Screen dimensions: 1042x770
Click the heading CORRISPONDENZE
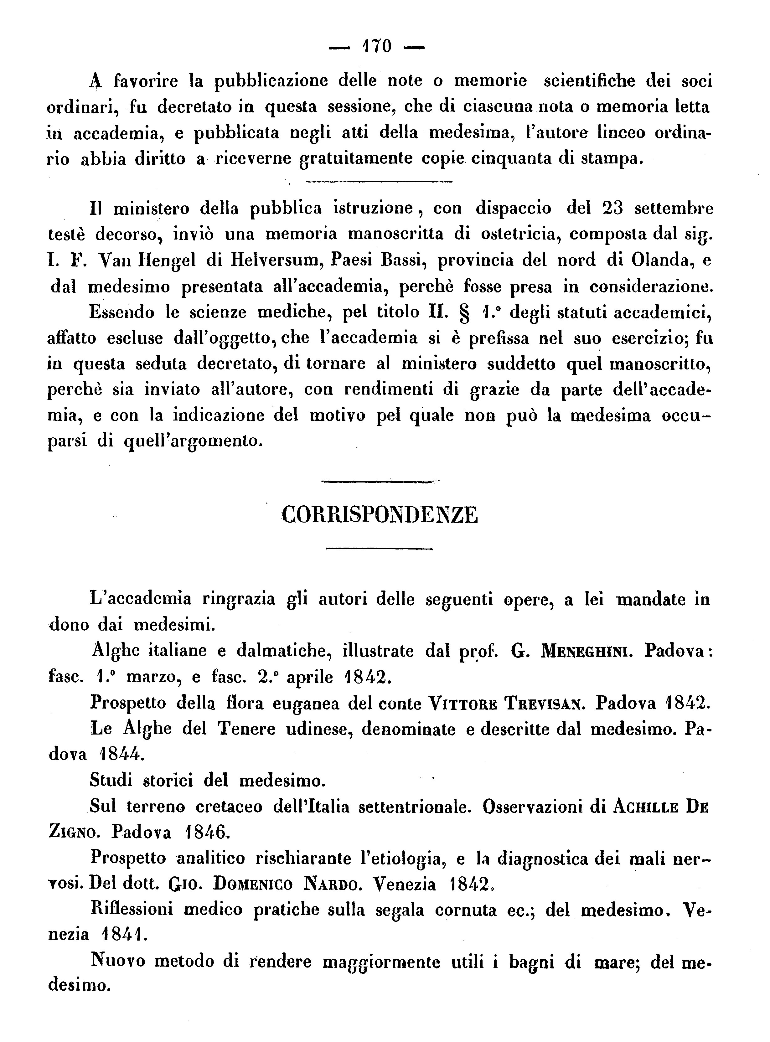380,515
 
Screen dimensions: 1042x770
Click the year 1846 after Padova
205,833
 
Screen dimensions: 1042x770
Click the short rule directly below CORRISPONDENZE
379,549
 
